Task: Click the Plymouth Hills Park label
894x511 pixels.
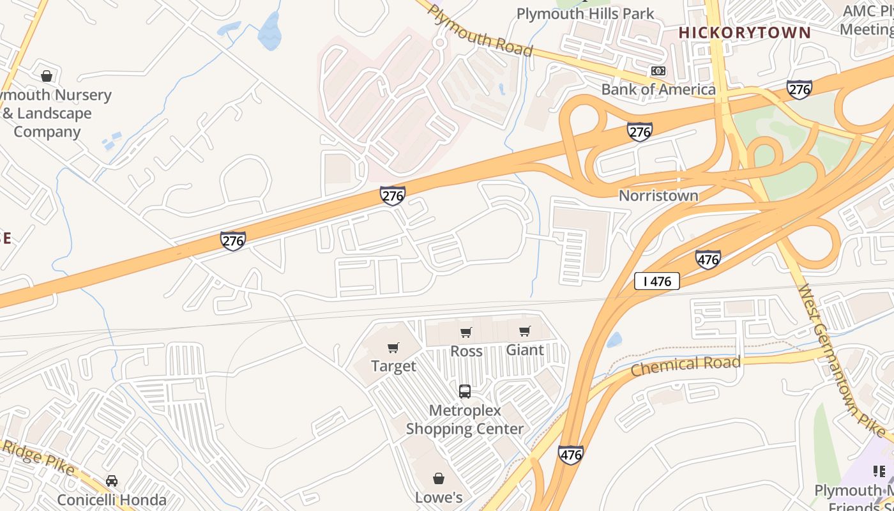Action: (x=585, y=13)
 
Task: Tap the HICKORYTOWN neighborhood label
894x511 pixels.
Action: (x=745, y=33)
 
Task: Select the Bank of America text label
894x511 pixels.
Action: (x=658, y=89)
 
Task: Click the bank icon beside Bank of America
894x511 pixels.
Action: (x=658, y=72)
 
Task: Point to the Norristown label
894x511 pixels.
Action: (x=658, y=195)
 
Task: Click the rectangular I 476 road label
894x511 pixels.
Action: (x=656, y=281)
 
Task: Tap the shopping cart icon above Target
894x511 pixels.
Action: (x=393, y=348)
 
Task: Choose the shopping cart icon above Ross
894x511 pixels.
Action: (x=466, y=333)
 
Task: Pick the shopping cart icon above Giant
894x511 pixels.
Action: (x=525, y=332)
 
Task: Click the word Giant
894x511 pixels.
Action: (x=525, y=350)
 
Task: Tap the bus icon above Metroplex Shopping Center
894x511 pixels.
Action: (x=465, y=392)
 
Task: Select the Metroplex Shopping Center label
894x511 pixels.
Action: (x=465, y=420)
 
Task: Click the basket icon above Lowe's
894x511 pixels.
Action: (x=439, y=478)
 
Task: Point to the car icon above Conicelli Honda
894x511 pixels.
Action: (x=112, y=481)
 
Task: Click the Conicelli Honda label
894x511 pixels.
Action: (x=112, y=500)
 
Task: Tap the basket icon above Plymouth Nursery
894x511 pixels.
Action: (x=47, y=77)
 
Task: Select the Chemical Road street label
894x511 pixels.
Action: (x=686, y=365)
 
